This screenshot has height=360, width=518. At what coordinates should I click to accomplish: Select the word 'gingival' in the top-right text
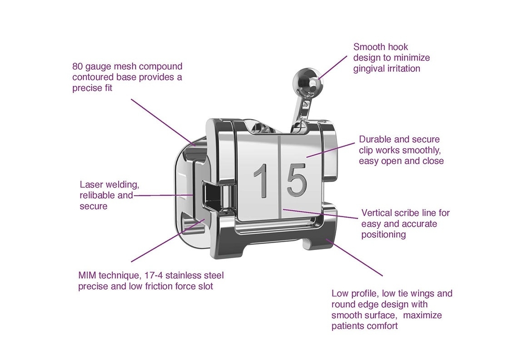click(x=369, y=69)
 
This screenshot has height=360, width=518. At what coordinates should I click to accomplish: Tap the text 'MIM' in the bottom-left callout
click(x=87, y=276)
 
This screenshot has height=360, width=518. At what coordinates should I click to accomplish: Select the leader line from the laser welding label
click(x=164, y=195)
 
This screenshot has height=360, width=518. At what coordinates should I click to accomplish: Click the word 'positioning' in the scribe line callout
click(x=384, y=235)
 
